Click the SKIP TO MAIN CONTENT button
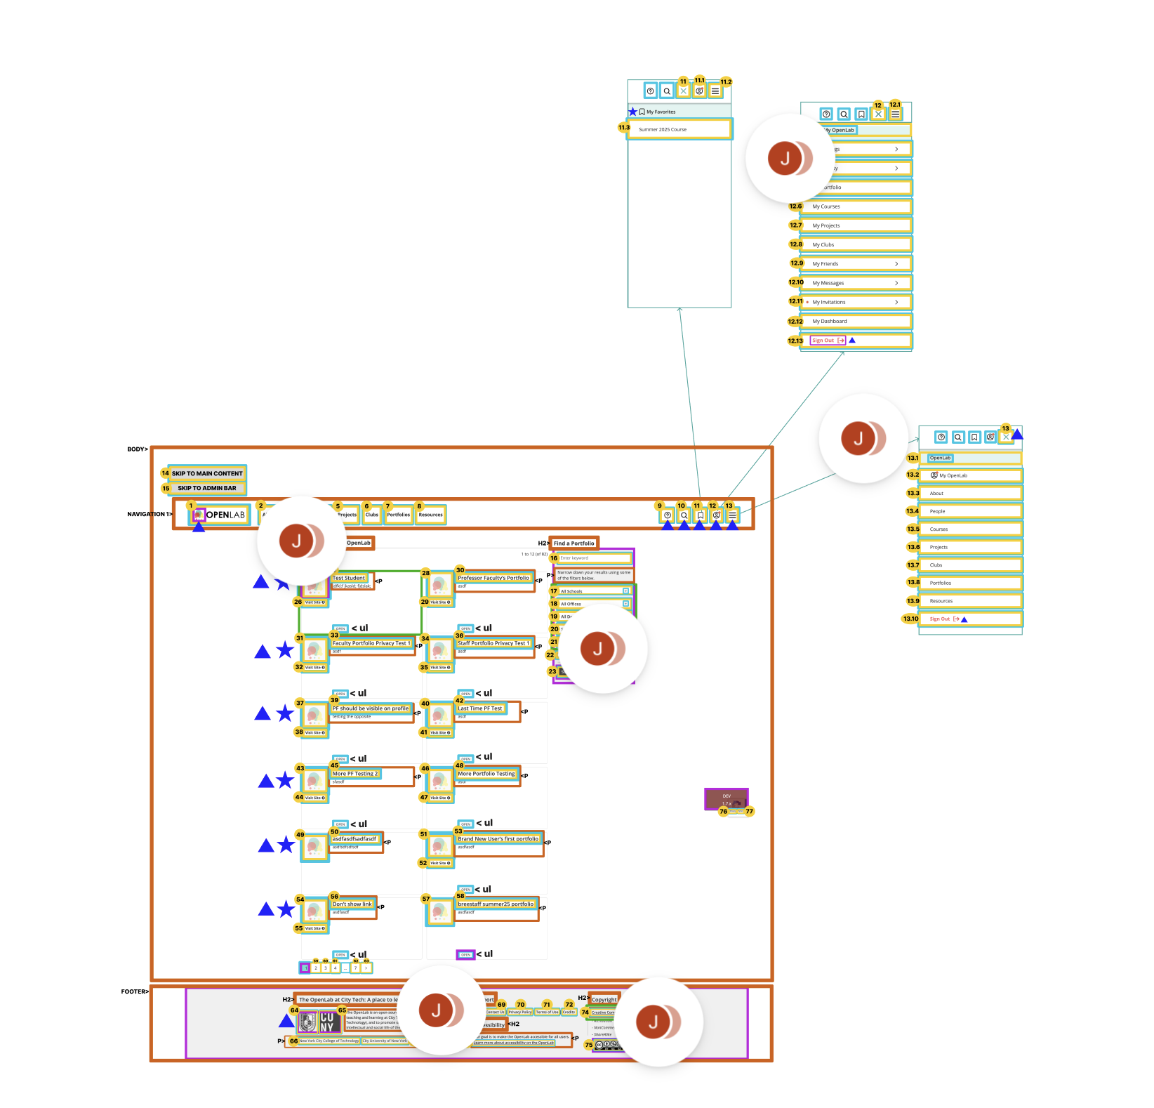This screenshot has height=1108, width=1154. (207, 473)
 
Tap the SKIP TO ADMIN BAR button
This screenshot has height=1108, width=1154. (207, 488)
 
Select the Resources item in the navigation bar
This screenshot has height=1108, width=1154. (430, 515)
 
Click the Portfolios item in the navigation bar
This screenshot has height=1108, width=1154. (398, 515)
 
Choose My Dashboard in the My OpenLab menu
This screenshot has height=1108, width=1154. (856, 322)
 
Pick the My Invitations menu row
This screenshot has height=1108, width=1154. (856, 302)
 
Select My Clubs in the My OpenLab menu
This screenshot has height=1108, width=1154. (856, 245)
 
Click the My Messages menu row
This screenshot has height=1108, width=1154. (856, 283)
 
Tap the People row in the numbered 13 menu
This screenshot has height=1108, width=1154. (970, 511)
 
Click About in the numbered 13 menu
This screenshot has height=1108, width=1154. (970, 494)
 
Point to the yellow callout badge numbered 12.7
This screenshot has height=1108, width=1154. (795, 225)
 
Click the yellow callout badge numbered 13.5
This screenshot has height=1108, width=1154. (913, 529)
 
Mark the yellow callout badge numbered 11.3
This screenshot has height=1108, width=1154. (624, 128)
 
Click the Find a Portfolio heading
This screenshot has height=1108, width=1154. (573, 543)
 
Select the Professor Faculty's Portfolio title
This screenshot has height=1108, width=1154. (493, 578)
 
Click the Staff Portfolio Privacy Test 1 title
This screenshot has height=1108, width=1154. (493, 643)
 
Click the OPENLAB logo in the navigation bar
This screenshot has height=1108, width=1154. (219, 515)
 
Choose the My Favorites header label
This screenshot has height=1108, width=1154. (661, 112)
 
